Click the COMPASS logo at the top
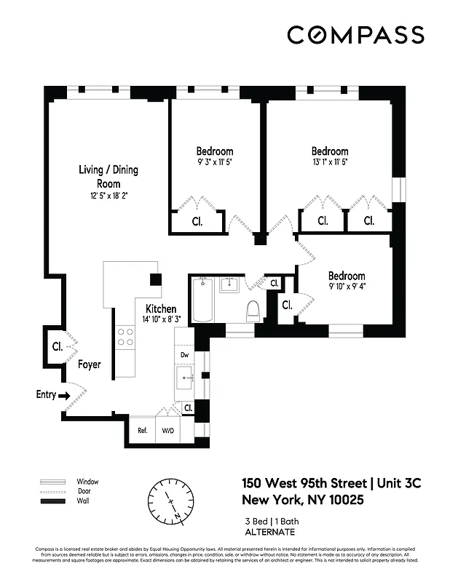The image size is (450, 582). pyautogui.click(x=355, y=35)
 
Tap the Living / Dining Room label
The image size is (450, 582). pyautogui.click(x=108, y=176)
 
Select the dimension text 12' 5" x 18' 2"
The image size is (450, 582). pyautogui.click(x=108, y=196)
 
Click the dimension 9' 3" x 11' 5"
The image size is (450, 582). pyautogui.click(x=215, y=162)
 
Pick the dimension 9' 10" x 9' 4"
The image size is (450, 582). pyautogui.click(x=346, y=286)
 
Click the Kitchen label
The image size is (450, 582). pyautogui.click(x=160, y=308)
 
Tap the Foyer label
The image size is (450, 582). pyautogui.click(x=90, y=364)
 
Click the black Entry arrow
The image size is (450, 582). pyautogui.click(x=64, y=395)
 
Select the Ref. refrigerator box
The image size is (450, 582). pyautogui.click(x=143, y=430)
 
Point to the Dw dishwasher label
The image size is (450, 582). pyautogui.click(x=184, y=355)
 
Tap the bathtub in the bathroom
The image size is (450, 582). pyautogui.click(x=202, y=299)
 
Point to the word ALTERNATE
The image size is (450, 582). pyautogui.click(x=271, y=533)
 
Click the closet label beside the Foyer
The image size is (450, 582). pyautogui.click(x=57, y=347)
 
